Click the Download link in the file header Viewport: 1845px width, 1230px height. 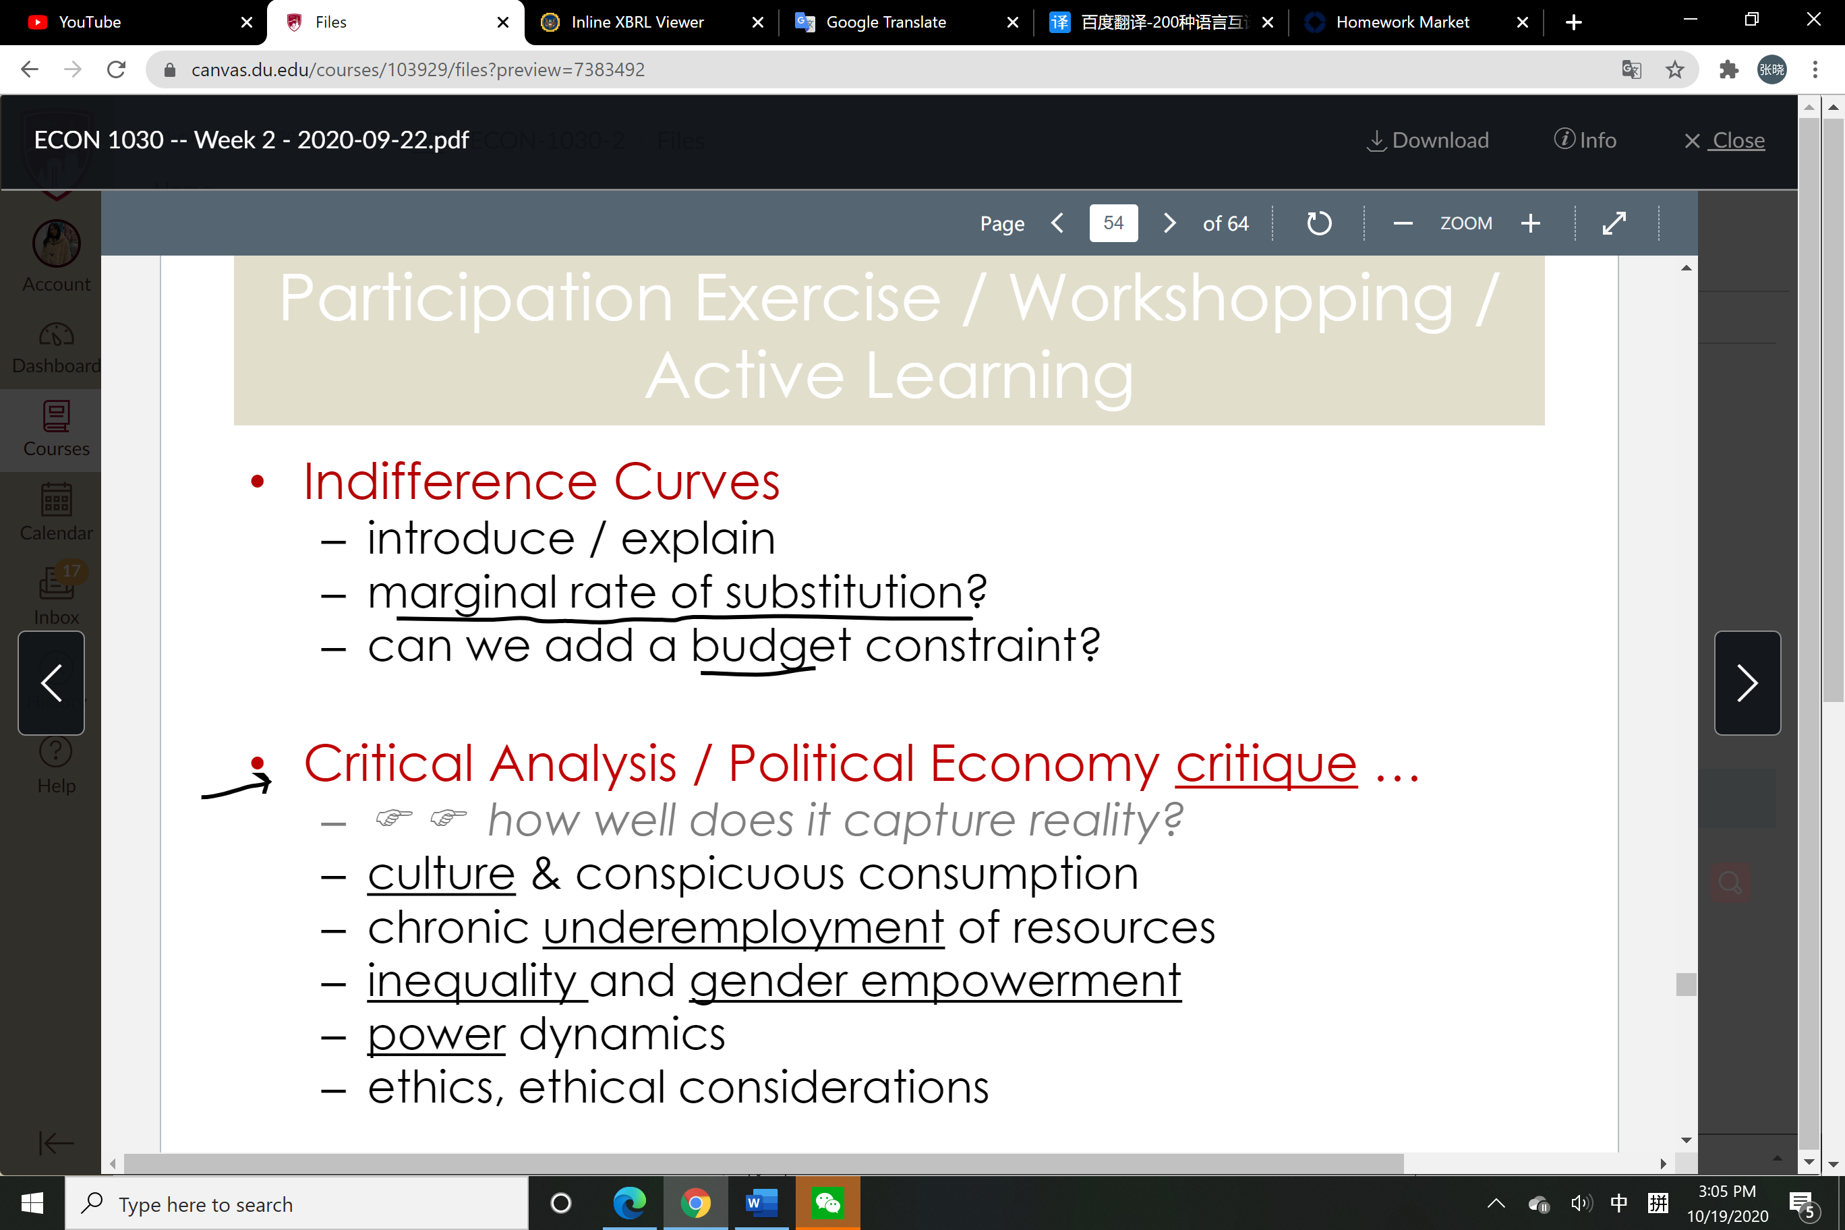[x=1428, y=140]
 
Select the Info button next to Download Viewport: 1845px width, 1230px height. [x=1585, y=140]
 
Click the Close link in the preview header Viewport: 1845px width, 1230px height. [x=1724, y=140]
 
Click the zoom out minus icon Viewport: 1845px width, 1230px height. [x=1403, y=224]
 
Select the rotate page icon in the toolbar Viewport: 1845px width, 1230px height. [x=1318, y=224]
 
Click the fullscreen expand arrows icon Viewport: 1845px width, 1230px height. [x=1614, y=224]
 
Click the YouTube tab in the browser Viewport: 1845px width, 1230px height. [x=134, y=22]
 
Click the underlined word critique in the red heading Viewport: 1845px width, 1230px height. [x=1266, y=764]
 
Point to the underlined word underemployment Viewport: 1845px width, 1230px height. [x=744, y=929]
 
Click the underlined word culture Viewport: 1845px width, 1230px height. [x=442, y=874]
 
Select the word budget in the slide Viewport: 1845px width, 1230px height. [x=770, y=648]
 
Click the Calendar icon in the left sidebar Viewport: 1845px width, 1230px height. [x=57, y=500]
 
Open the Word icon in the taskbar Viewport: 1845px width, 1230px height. [x=761, y=1202]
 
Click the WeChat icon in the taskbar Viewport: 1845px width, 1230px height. [x=827, y=1202]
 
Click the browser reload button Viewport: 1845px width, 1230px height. [x=116, y=70]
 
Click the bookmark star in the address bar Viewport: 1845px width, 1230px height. [x=1675, y=70]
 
